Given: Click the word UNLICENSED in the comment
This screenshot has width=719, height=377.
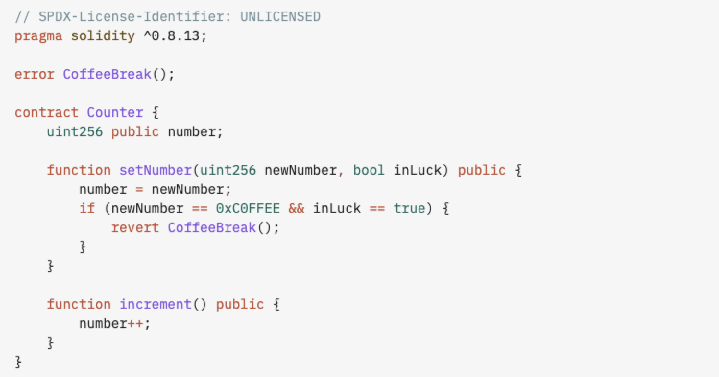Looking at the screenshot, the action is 280,17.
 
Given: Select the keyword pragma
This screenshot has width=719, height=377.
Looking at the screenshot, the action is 38,36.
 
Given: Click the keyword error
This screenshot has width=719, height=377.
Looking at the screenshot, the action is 35,74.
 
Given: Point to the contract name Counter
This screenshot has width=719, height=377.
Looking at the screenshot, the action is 115,113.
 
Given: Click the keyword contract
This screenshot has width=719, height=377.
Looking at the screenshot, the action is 47,113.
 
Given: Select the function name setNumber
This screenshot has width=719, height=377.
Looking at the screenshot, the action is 156,170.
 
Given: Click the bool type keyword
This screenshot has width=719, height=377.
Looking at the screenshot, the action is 369,170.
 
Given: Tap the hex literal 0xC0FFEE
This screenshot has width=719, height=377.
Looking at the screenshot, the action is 248,209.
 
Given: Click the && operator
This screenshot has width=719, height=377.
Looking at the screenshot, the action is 296,209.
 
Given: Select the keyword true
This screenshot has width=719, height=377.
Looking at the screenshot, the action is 409,209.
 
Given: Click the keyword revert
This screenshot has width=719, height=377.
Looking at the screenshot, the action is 135,228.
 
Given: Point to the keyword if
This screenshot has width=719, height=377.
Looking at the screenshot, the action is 87,209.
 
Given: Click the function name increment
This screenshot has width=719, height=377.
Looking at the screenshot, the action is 156,304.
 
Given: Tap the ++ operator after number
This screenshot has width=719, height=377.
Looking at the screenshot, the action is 135,324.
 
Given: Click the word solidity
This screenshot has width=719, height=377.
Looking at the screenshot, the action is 103,36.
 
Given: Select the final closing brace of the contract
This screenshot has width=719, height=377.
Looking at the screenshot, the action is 18,362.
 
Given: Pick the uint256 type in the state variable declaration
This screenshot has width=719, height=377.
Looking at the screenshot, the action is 75,132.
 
